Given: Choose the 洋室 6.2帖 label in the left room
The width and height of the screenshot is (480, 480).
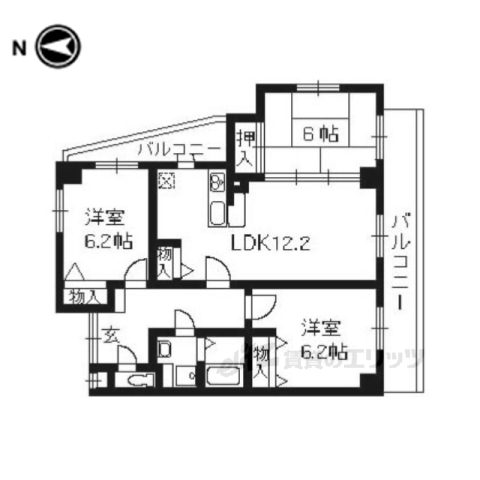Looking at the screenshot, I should pyautogui.click(x=103, y=228).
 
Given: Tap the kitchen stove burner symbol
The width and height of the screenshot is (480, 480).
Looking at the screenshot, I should pyautogui.click(x=217, y=182).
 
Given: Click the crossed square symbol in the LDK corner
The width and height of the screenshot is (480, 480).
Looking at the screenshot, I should pyautogui.click(x=165, y=181).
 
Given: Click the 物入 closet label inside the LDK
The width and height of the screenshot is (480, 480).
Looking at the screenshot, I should pyautogui.click(x=167, y=263).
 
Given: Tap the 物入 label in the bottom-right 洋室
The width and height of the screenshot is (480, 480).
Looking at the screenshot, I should pyautogui.click(x=261, y=361).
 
